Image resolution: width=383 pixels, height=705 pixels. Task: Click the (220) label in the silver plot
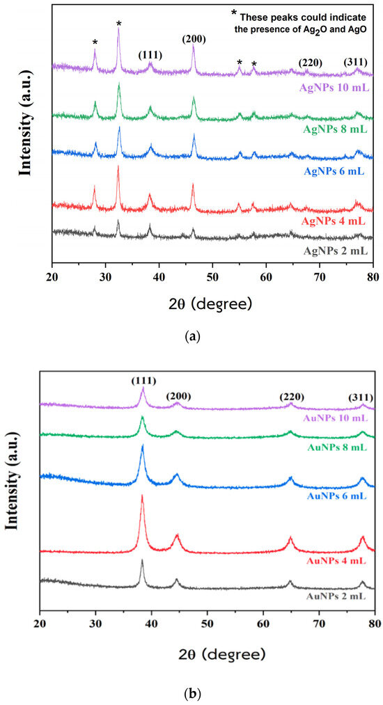coord(310,63)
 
